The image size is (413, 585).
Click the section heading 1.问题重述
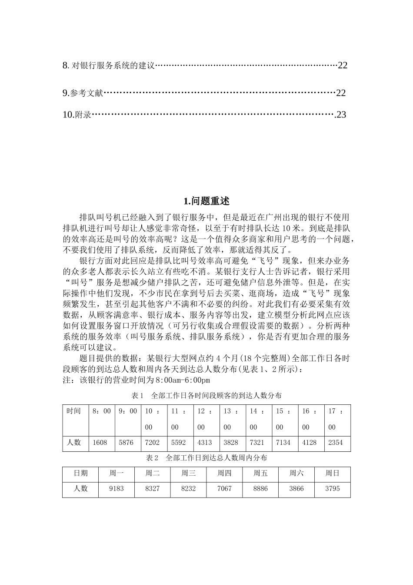coord(206,201)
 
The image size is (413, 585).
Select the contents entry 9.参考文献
coord(83,93)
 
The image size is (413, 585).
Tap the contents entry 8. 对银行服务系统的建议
coord(109,66)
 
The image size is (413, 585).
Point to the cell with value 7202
coord(152,443)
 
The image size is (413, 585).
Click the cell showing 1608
coord(100,443)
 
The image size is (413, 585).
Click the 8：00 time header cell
coord(102,411)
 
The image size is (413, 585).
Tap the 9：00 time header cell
coord(128,411)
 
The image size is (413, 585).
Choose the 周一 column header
coord(117,473)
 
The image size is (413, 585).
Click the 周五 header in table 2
coord(260,473)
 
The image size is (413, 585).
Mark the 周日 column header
coord(333,473)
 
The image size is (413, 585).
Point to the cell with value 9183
coord(117,489)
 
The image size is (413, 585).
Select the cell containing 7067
coord(224,489)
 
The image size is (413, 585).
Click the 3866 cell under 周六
coord(296,489)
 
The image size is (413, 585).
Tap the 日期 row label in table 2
coord(80,473)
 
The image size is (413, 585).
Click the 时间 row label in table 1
coord(74,411)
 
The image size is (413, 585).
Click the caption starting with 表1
coord(206,396)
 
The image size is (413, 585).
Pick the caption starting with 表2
coord(206,458)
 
